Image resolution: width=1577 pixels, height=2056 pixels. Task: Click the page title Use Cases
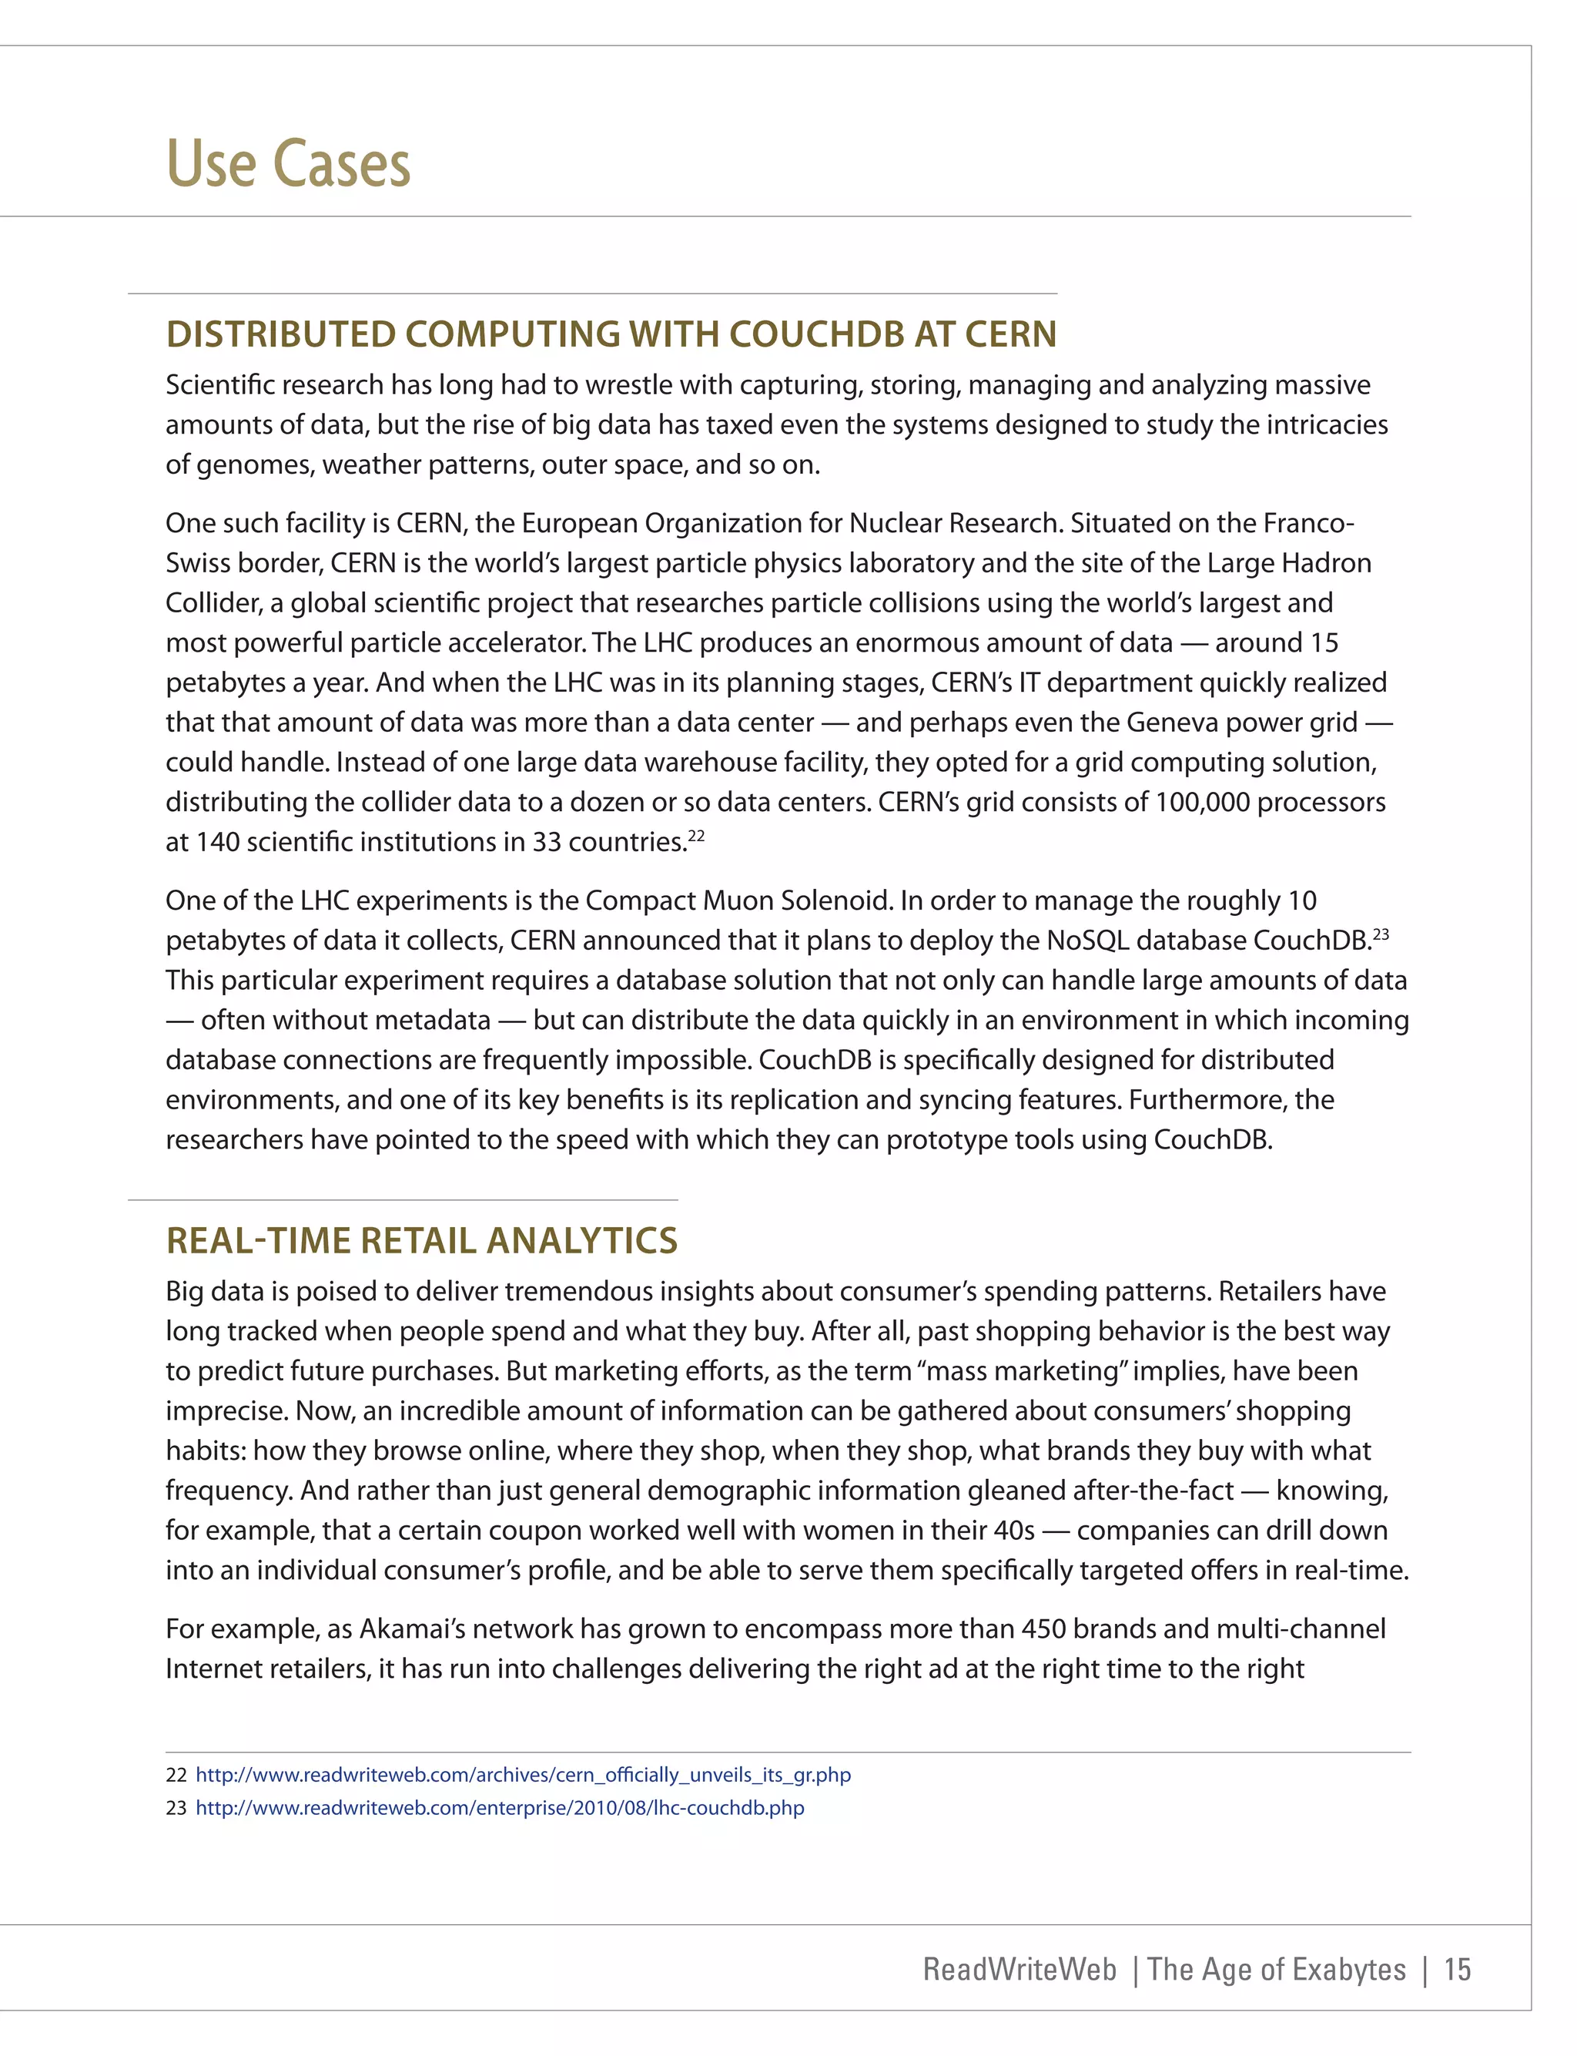288,164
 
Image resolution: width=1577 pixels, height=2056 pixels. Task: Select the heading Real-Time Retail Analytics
421,1240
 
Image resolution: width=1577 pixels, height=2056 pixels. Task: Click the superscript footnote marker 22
697,834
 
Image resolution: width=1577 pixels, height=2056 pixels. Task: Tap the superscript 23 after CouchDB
1381,933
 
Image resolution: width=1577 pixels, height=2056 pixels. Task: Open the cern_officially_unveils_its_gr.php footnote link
523,1774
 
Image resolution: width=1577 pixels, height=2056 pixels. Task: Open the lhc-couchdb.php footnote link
500,1807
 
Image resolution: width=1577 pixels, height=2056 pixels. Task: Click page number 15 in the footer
1457,1969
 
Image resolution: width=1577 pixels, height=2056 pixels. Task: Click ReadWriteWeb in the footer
1020,1969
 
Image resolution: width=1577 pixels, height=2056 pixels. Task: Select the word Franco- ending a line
1307,523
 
